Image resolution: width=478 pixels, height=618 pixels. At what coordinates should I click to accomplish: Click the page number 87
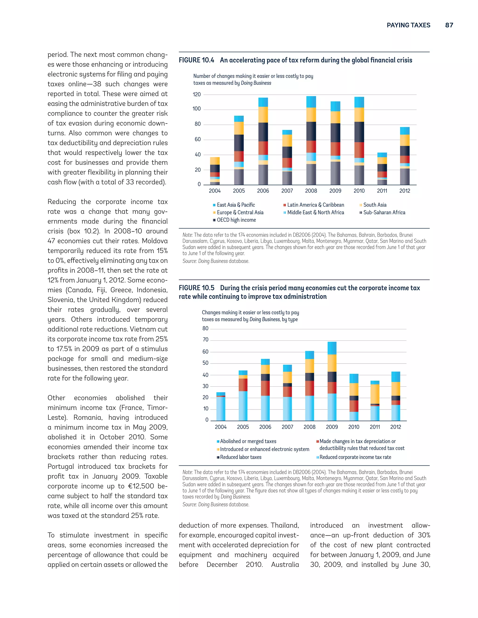(x=449, y=25)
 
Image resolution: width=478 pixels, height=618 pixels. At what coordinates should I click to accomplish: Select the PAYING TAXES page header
(x=408, y=25)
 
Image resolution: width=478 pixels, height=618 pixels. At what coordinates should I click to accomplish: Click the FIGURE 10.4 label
(x=196, y=60)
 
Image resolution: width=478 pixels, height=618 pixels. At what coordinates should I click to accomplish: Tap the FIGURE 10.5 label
(x=197, y=288)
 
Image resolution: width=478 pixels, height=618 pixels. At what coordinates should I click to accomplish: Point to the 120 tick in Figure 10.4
(x=197, y=94)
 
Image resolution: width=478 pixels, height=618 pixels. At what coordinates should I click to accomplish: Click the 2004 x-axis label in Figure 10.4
(x=215, y=191)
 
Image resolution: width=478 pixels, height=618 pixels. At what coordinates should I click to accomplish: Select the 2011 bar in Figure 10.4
(x=382, y=169)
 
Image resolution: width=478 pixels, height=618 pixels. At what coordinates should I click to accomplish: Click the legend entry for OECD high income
(x=236, y=220)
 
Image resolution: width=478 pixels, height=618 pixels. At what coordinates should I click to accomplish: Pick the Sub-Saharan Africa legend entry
(x=384, y=212)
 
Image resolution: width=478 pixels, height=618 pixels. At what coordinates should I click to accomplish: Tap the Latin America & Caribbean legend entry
(x=316, y=205)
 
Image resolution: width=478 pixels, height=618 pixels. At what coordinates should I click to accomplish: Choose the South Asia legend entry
(x=375, y=205)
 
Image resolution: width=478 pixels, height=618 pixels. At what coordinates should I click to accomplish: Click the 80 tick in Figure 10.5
(x=205, y=329)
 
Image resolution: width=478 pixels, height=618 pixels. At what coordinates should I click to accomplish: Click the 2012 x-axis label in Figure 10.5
(x=396, y=427)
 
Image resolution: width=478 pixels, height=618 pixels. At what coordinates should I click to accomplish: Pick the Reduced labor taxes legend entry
(x=240, y=457)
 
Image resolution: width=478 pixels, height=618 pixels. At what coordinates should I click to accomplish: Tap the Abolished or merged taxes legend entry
(x=248, y=441)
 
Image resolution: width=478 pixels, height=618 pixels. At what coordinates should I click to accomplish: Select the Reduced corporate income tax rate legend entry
(x=355, y=457)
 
